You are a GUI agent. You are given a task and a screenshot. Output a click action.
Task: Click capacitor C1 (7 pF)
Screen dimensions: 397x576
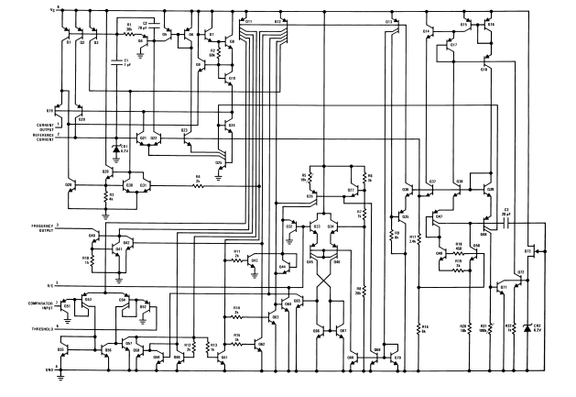click(x=116, y=63)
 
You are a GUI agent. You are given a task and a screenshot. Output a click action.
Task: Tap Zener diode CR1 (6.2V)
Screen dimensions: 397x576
click(x=117, y=148)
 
